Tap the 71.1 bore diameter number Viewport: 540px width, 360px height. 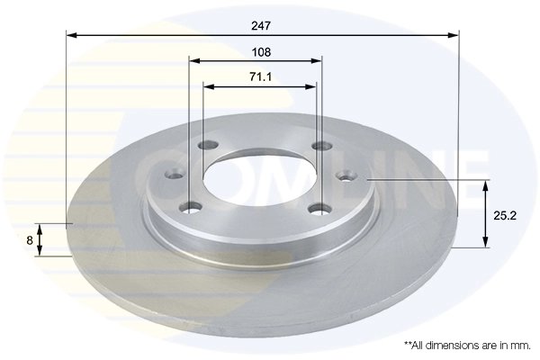click(261, 78)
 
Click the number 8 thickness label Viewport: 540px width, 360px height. click(30, 239)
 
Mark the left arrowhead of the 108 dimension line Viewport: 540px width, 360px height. click(193, 61)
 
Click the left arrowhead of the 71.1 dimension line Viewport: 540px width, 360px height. click(209, 87)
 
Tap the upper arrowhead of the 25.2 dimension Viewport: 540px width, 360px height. click(487, 185)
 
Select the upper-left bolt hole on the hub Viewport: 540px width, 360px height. click(208, 147)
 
